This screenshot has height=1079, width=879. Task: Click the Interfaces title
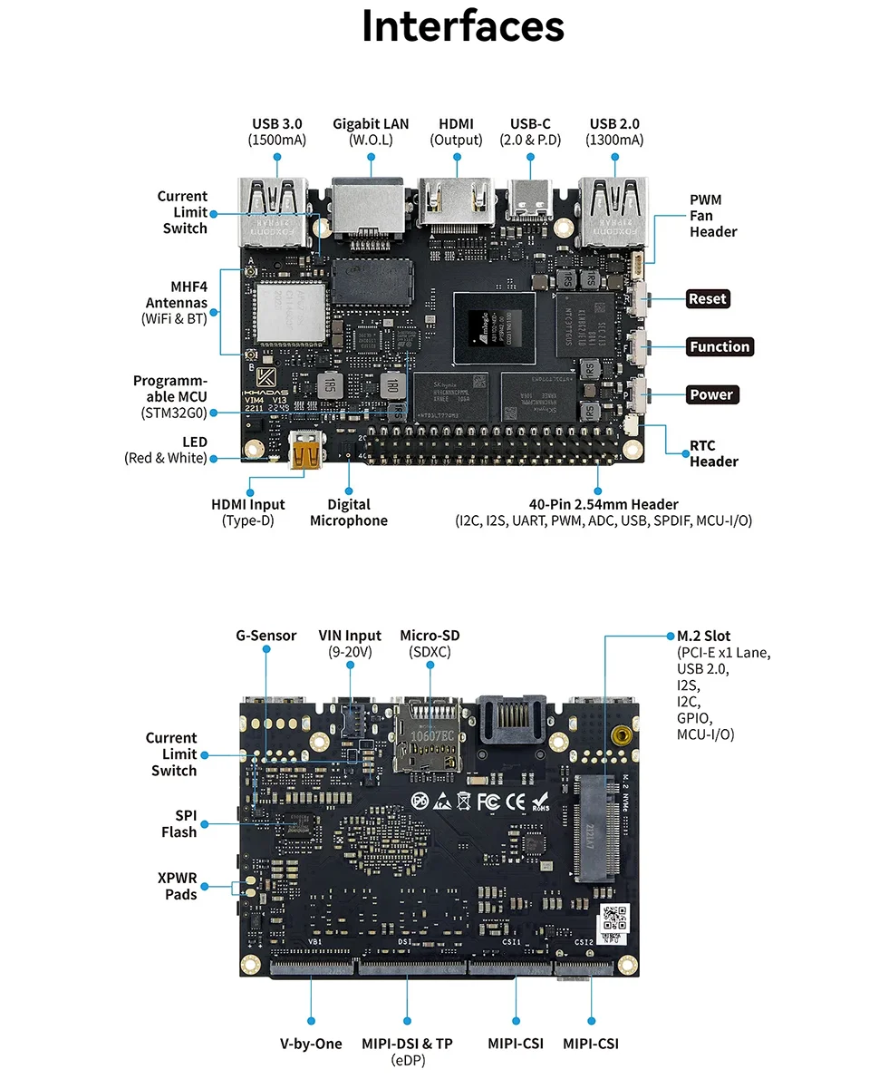pos(463,26)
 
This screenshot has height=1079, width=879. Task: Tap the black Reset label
pos(708,298)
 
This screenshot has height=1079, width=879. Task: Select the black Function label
pos(720,346)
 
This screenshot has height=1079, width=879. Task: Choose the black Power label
pos(710,394)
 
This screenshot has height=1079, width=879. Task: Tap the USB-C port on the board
pos(530,201)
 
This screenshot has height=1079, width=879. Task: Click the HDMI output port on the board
pos(455,201)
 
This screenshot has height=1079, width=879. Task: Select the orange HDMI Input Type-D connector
pos(306,451)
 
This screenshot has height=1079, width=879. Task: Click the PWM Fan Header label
pos(713,216)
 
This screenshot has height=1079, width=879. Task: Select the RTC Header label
pos(713,453)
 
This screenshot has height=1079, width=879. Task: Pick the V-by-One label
pos(311,1044)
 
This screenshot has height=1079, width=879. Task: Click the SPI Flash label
pos(179,823)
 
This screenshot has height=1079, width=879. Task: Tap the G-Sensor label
pos(266,636)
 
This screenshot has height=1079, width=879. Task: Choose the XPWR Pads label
pos(180,886)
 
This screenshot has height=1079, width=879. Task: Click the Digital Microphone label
pos(349,512)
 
